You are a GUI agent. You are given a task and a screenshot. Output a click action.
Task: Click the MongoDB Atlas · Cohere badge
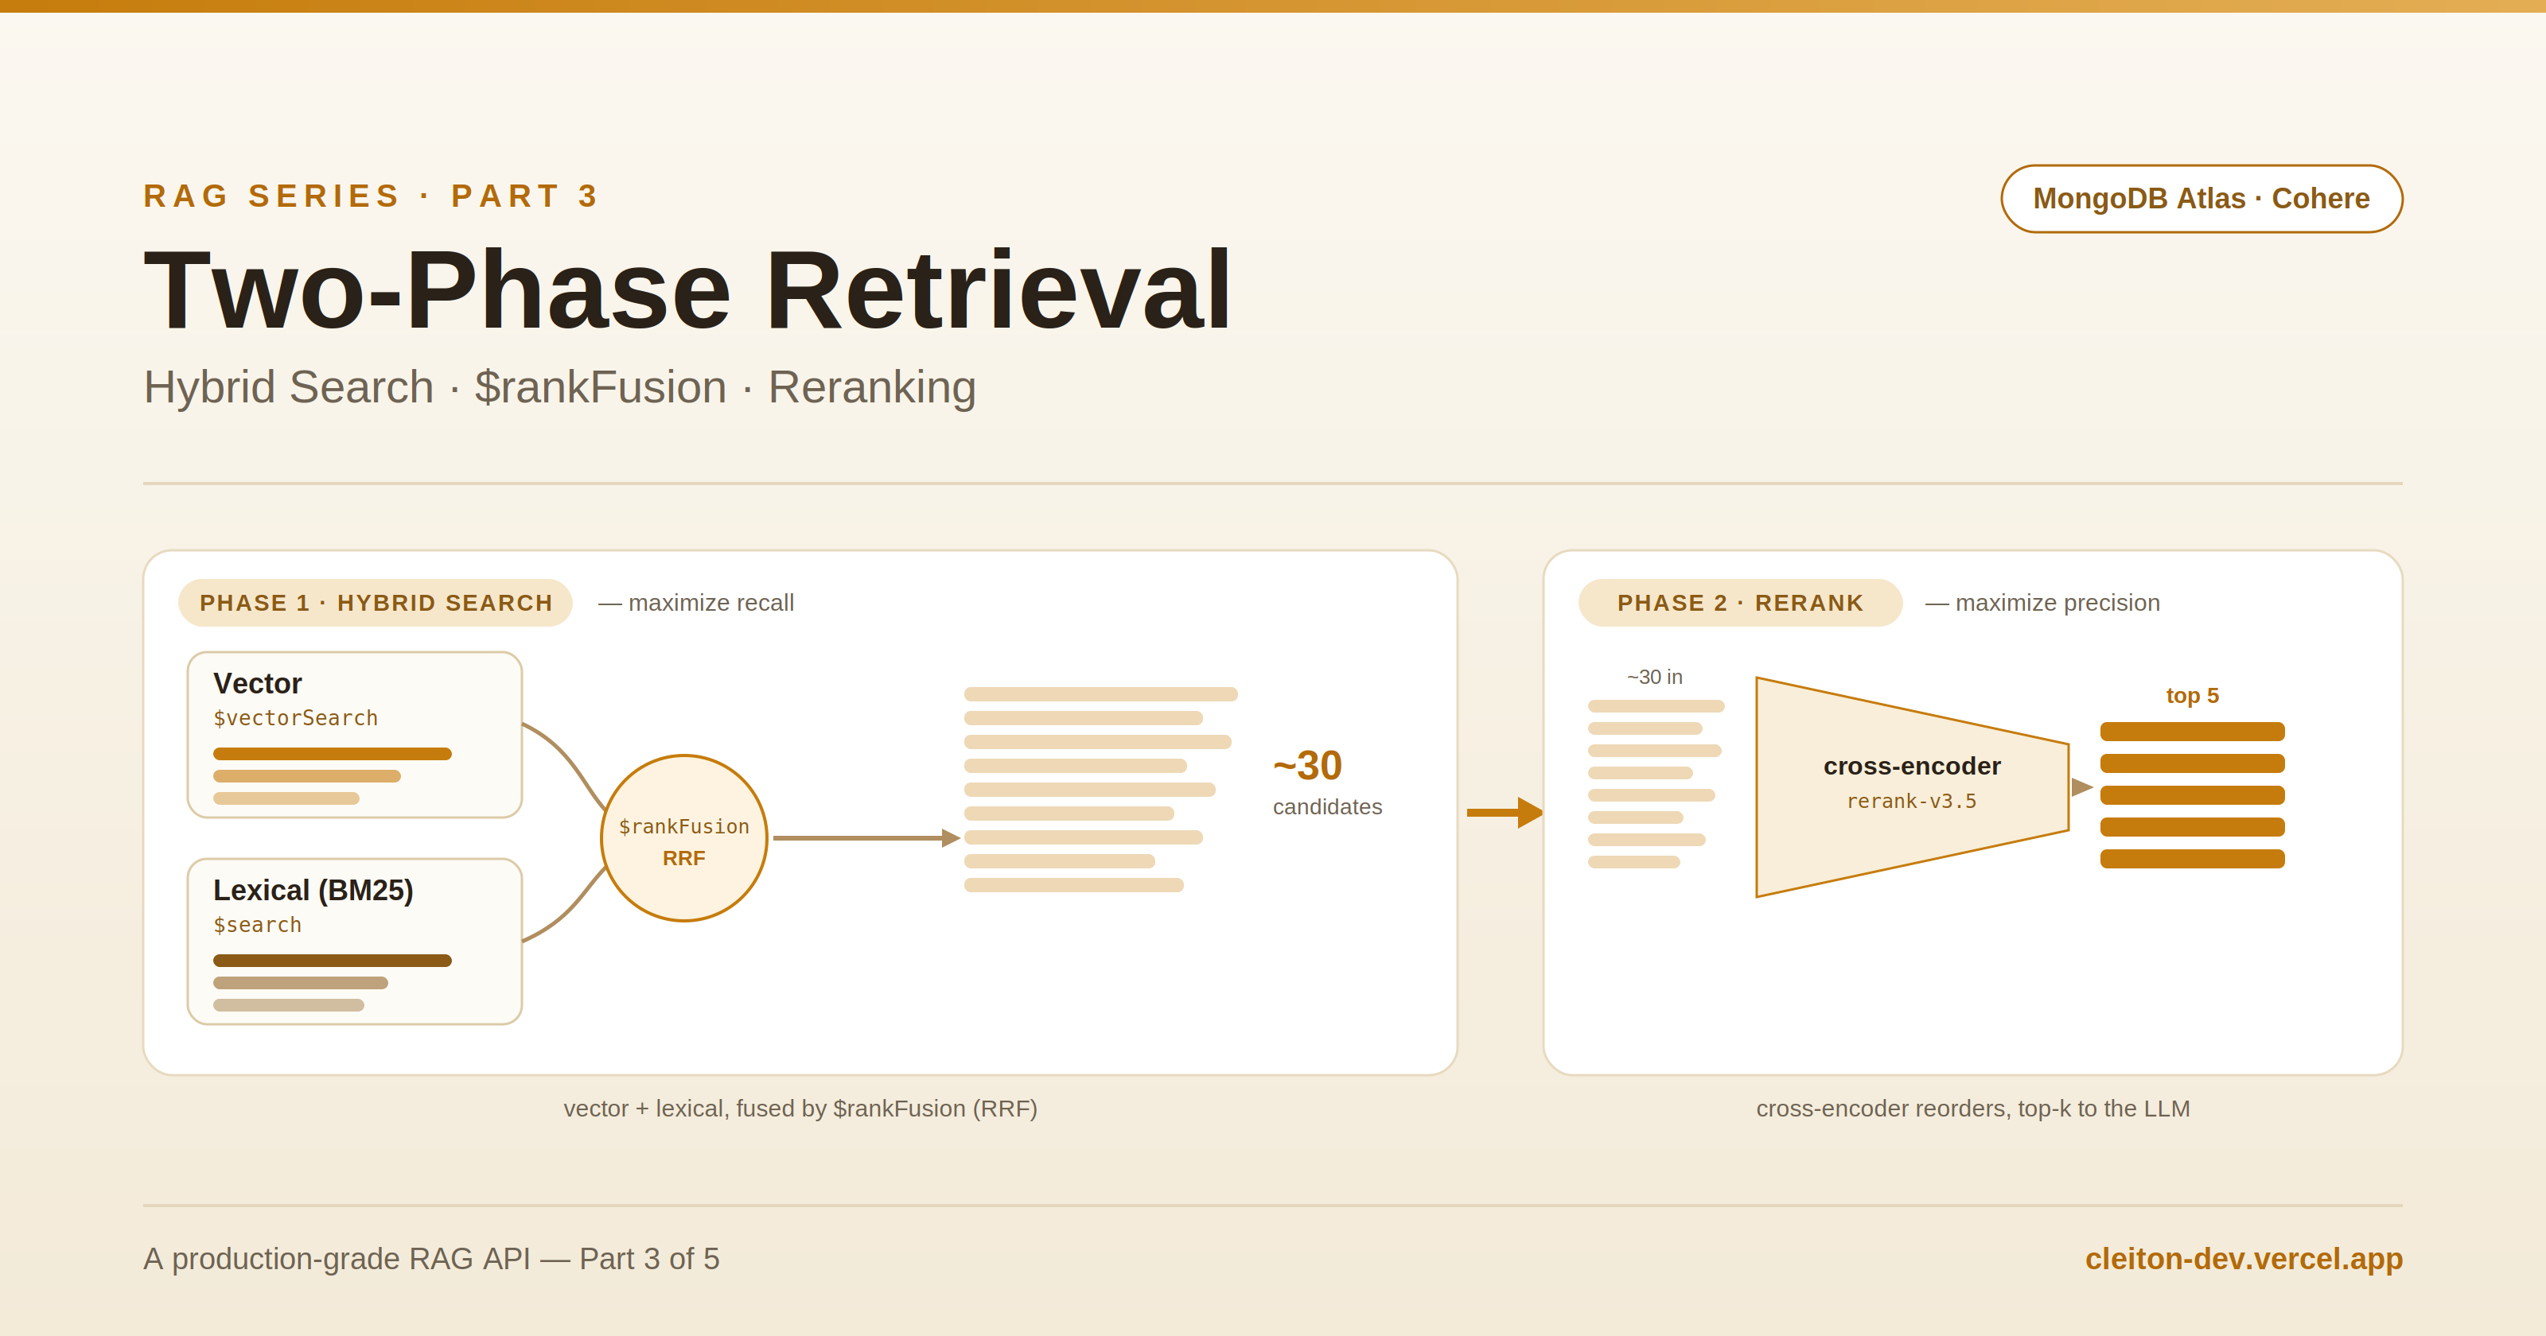click(x=2201, y=199)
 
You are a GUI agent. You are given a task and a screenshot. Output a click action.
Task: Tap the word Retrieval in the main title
click(x=999, y=289)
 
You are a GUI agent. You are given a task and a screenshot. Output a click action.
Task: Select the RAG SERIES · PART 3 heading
click(x=371, y=196)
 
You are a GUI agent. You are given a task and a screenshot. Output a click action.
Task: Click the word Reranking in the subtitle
click(x=872, y=387)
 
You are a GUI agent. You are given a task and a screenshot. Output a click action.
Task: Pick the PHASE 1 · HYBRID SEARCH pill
click(x=376, y=603)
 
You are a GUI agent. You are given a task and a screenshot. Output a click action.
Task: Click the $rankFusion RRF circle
click(x=684, y=838)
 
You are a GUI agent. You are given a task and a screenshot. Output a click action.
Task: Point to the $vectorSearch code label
click(x=295, y=718)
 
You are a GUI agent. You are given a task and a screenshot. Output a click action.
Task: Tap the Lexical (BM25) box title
click(x=313, y=891)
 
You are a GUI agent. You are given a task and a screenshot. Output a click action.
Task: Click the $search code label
click(x=257, y=925)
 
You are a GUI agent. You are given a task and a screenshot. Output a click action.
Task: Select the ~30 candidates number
click(x=1307, y=766)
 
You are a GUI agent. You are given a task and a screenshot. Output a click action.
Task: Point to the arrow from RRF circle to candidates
click(x=866, y=838)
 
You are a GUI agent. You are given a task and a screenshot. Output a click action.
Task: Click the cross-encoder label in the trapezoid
click(x=1911, y=766)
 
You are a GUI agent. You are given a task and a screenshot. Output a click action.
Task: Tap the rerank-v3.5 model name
click(x=1911, y=802)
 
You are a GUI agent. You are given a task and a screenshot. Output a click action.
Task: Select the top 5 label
click(x=2192, y=696)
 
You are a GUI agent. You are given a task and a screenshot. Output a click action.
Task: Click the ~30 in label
click(x=1655, y=677)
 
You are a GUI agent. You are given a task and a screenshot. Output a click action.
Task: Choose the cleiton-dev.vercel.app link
click(x=2244, y=1259)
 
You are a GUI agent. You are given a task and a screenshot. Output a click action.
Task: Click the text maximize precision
click(x=2057, y=603)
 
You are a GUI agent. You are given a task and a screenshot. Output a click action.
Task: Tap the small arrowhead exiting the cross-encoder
click(x=2081, y=786)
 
